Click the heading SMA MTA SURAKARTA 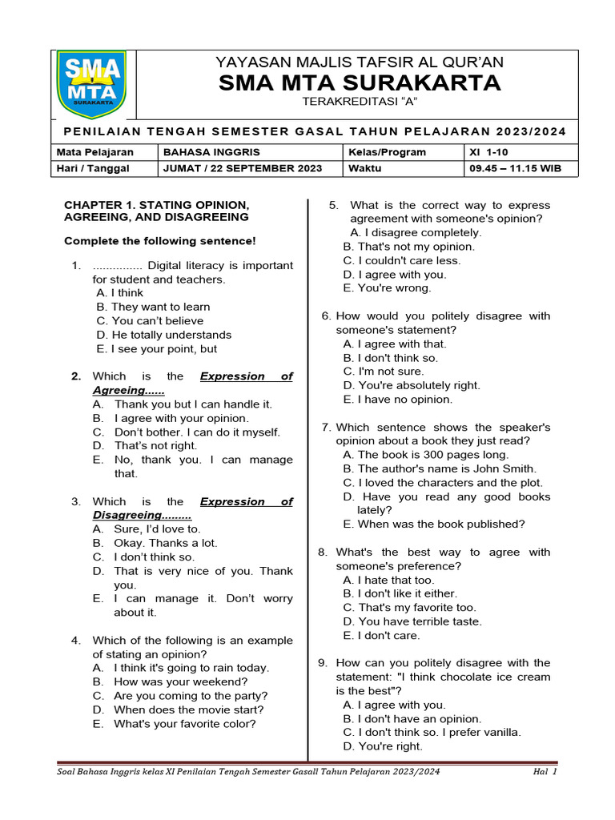pos(360,82)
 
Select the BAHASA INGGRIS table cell pos(211,152)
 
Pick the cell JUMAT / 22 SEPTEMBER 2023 pos(242,168)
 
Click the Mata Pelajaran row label pos(94,152)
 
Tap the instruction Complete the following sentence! pos(160,241)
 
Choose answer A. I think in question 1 pos(119,293)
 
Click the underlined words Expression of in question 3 pos(246,502)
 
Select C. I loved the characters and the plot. pos(443,483)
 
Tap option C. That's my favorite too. pos(409,608)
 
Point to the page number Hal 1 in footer pos(545,772)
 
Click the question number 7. pos(326,428)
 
